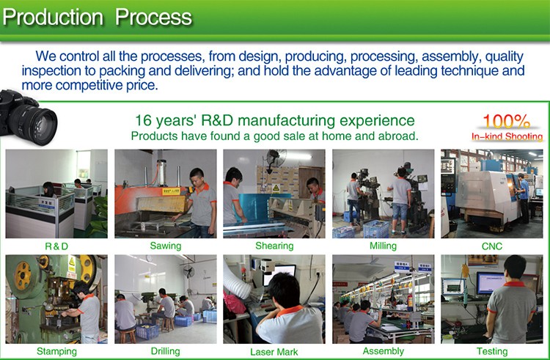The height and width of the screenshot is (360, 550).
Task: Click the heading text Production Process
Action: point(98,17)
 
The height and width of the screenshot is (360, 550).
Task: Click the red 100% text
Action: point(507,121)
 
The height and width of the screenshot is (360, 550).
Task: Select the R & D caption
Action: point(56,246)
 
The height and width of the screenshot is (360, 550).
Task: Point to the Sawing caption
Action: point(166,246)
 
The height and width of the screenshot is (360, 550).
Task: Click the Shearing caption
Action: point(274,246)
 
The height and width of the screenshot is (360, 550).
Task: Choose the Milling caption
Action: point(383,246)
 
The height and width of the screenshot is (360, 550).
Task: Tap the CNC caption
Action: point(492,246)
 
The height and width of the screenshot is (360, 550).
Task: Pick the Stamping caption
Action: point(56,351)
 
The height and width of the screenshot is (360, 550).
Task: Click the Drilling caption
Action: point(166,351)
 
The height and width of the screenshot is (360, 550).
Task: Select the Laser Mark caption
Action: point(274,352)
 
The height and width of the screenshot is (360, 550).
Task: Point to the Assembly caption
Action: point(383,351)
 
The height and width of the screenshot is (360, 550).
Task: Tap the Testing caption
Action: point(492,351)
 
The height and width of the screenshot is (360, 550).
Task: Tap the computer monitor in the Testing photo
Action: point(491,282)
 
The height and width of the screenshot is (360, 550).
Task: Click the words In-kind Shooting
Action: point(507,136)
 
